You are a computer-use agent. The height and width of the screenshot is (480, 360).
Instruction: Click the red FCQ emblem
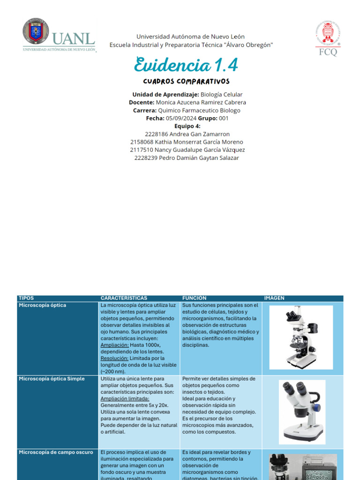pyautogui.click(x=328, y=39)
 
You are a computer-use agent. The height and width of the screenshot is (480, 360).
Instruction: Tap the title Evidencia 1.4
pyautogui.click(x=187, y=64)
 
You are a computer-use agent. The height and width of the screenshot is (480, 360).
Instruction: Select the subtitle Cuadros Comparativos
pyautogui.click(x=187, y=82)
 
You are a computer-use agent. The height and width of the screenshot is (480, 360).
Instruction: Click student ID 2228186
pyautogui.click(x=156, y=134)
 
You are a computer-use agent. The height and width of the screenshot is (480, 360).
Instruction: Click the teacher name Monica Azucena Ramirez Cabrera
pyautogui.click(x=201, y=102)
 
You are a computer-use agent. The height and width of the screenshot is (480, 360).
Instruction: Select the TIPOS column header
pyautogui.click(x=27, y=298)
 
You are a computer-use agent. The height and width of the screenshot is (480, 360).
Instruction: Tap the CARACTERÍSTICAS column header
pyautogui.click(x=124, y=298)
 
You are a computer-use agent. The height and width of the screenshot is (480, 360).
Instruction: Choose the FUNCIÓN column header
pyautogui.click(x=194, y=298)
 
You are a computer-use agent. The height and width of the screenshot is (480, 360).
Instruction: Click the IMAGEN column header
pyautogui.click(x=274, y=298)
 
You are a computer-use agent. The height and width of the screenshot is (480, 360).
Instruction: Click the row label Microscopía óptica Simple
pyautogui.click(x=52, y=379)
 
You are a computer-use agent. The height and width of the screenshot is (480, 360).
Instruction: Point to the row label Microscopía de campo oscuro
pyautogui.click(x=54, y=452)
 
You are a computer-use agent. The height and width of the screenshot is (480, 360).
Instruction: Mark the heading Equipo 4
pyautogui.click(x=187, y=126)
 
